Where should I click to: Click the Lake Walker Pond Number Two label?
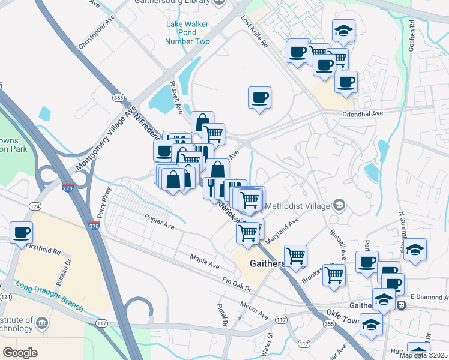pyautogui.click(x=188, y=32)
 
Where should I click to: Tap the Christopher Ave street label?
pyautogui.click(x=96, y=36)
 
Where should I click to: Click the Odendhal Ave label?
pyautogui.click(x=363, y=113)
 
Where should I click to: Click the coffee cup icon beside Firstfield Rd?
pyautogui.click(x=21, y=233)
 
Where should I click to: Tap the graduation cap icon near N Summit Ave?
pyautogui.click(x=415, y=250)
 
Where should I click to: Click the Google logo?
pyautogui.click(x=20, y=352)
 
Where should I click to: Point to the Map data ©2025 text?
pyautogui.click(x=424, y=355)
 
